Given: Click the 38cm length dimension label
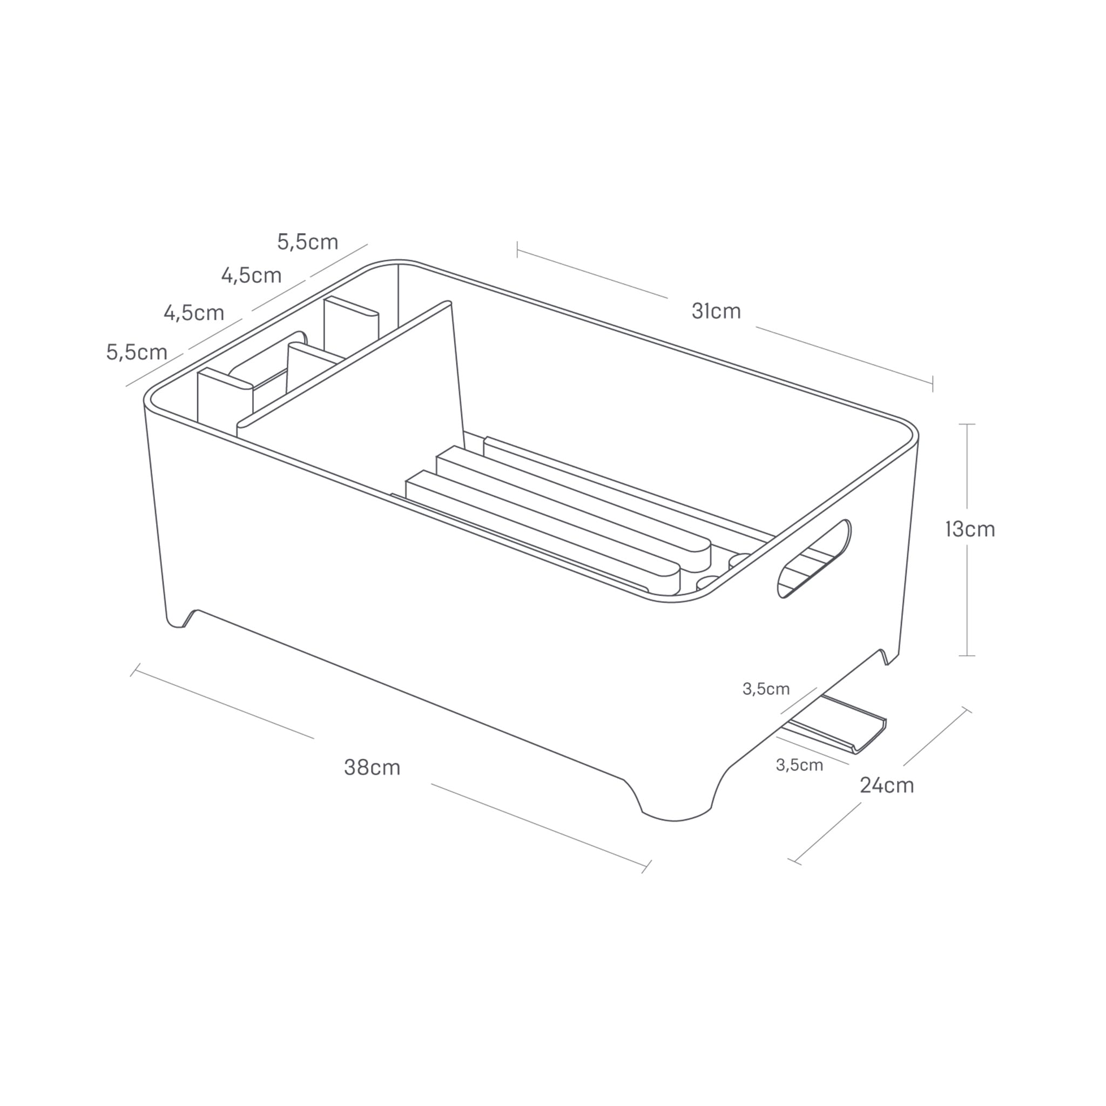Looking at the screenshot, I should click(372, 767).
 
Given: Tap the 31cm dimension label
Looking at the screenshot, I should click(716, 311).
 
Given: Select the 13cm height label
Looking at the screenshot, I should click(970, 529).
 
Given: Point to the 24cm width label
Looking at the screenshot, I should click(887, 785).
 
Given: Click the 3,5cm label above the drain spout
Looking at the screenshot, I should click(766, 689).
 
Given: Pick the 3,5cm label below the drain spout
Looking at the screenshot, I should click(799, 765).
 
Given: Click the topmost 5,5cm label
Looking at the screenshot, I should click(307, 241).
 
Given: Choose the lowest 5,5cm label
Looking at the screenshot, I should click(136, 352).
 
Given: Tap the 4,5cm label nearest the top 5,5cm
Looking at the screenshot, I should click(251, 275).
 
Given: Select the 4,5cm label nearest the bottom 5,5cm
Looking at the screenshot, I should click(193, 313).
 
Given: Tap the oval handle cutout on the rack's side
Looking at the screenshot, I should click(813, 559).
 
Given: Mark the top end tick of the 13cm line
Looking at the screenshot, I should click(967, 424).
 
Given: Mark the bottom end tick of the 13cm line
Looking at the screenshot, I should click(967, 656).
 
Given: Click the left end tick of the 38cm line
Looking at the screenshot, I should click(135, 670).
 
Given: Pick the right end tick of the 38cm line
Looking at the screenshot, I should click(646, 866).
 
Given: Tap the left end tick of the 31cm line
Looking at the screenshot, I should click(517, 249).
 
